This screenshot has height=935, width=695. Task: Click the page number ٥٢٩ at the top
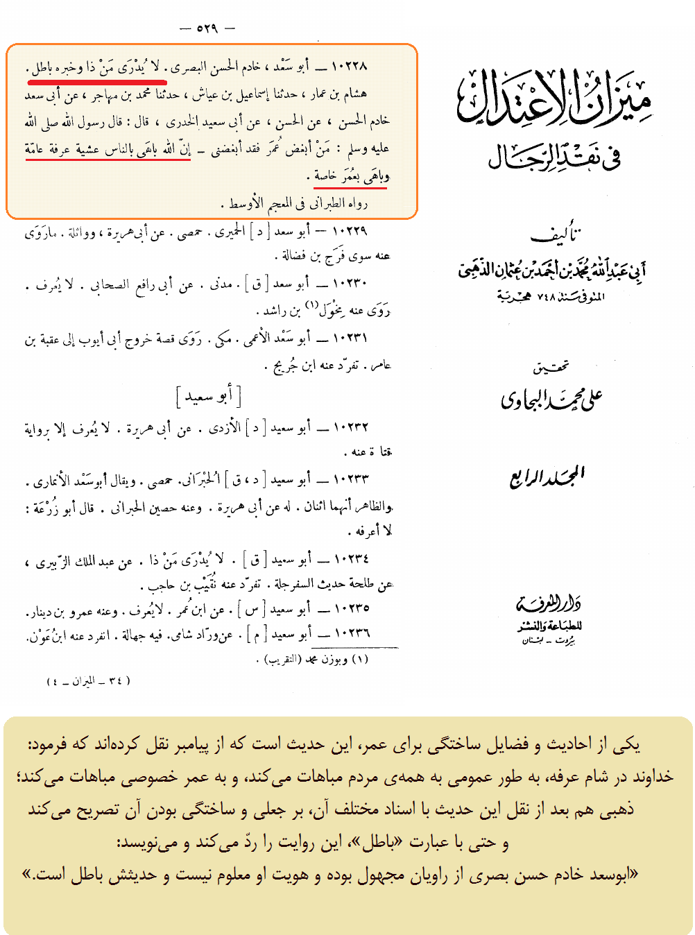(207, 28)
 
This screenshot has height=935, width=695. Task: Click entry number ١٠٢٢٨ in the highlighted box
(351, 67)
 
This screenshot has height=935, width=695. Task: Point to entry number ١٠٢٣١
(351, 338)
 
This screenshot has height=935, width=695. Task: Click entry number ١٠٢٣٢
(351, 427)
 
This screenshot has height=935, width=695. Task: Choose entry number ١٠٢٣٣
(351, 479)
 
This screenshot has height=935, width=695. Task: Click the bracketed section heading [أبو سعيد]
(208, 397)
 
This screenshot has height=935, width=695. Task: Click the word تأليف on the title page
(555, 235)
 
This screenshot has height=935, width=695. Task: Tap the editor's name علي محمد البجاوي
(551, 398)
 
